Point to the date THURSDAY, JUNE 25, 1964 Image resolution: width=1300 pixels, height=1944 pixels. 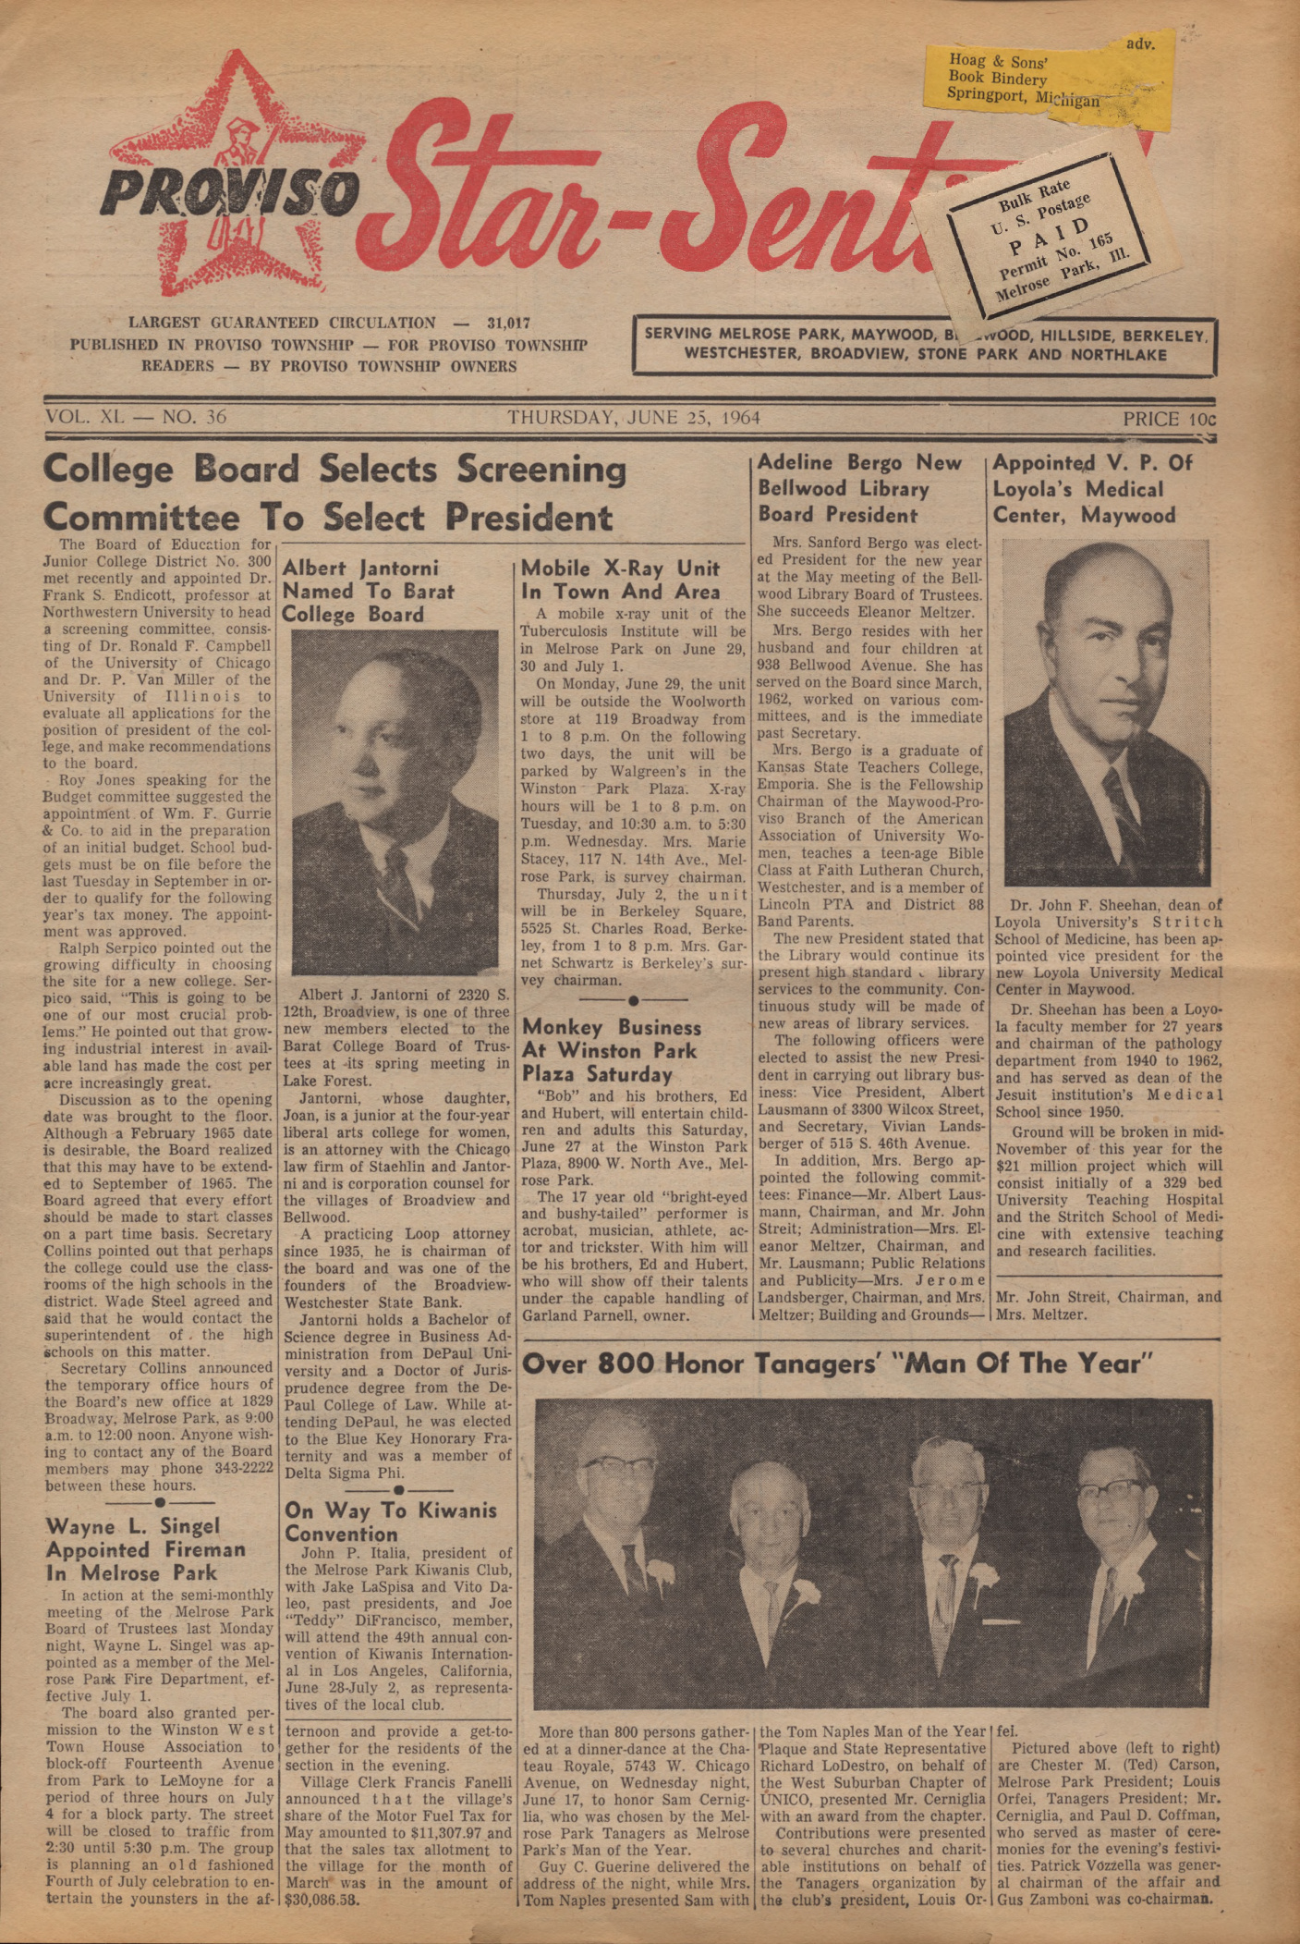click(x=633, y=417)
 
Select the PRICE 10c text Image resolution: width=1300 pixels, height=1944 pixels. click(x=1170, y=419)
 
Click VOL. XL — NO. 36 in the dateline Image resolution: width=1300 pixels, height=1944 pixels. click(x=136, y=417)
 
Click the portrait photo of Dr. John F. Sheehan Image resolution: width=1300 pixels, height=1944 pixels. click(x=1105, y=713)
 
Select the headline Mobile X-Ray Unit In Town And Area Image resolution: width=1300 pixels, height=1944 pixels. click(x=621, y=580)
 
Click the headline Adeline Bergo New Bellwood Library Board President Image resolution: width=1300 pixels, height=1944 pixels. click(x=859, y=489)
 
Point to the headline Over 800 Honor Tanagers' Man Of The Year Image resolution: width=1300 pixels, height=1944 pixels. click(x=839, y=1363)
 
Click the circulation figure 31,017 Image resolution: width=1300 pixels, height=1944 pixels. click(x=508, y=324)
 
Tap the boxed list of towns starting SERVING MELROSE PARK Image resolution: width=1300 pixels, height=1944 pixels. click(x=924, y=344)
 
